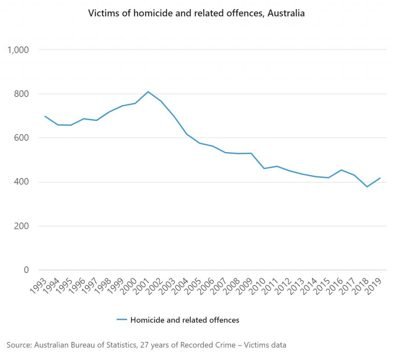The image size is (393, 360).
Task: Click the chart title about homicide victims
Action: (x=196, y=13)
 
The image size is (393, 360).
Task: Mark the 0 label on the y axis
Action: (x=26, y=270)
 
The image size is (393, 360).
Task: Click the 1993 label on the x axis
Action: (x=39, y=285)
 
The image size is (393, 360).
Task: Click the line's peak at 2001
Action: (x=148, y=92)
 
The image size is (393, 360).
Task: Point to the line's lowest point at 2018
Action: (x=367, y=187)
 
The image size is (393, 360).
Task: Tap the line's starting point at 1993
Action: (x=45, y=116)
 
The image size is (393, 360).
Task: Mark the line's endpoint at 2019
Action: (x=380, y=178)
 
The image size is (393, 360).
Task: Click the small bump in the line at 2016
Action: (x=341, y=170)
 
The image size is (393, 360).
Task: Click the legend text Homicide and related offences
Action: (x=185, y=320)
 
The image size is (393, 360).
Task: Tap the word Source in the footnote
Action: (x=18, y=345)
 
